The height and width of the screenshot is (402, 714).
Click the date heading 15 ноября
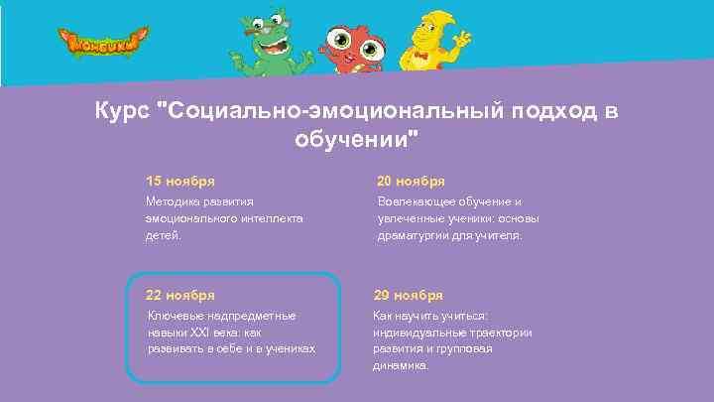[180, 181]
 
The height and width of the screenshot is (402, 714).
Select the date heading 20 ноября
[411, 181]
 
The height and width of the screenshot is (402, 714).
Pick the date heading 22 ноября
[180, 295]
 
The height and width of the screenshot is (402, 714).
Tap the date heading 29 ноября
[408, 295]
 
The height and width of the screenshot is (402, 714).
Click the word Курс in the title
[120, 109]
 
